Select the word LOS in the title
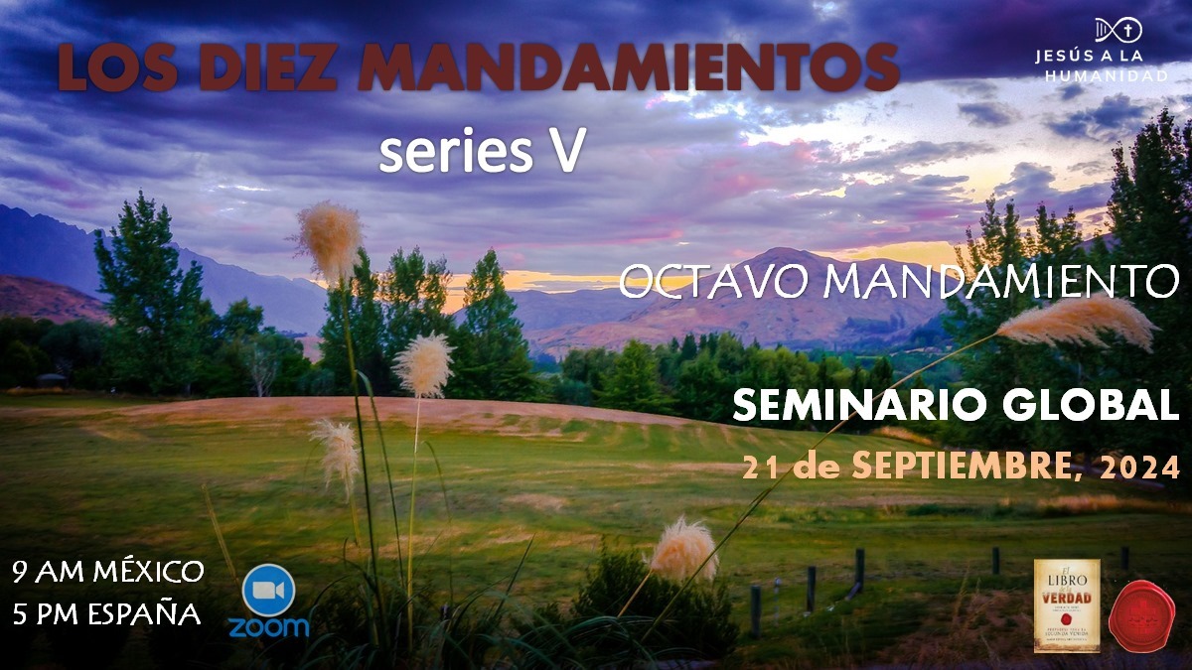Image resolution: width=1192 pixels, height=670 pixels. (107, 67)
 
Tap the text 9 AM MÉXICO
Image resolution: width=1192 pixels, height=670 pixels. (108, 572)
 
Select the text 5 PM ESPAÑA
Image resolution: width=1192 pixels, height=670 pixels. (106, 614)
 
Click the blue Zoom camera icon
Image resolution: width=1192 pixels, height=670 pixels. (269, 590)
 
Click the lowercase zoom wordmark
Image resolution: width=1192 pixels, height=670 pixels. (269, 627)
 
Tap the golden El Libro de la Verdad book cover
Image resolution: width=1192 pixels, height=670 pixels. (1067, 606)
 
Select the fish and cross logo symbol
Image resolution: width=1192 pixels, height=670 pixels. (1117, 30)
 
